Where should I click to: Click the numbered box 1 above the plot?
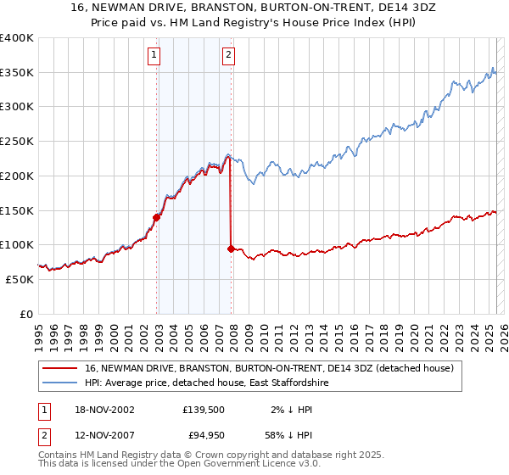click(x=154, y=56)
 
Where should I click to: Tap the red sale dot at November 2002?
click(x=157, y=217)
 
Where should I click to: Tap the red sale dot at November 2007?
click(x=232, y=249)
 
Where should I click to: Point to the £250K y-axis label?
click(x=17, y=142)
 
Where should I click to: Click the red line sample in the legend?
click(x=60, y=368)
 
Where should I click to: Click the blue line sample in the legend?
click(x=60, y=383)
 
